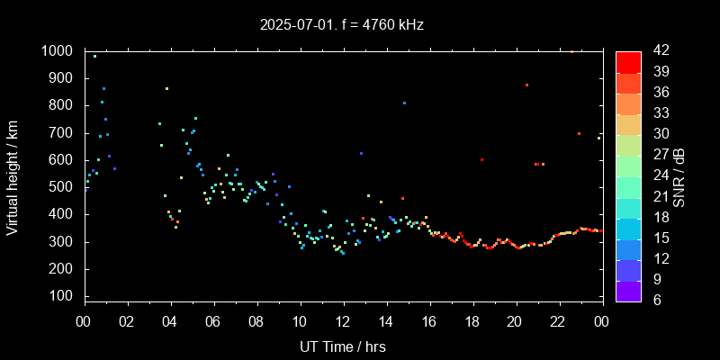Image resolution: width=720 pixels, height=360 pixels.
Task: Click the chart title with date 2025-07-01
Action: pos(341,24)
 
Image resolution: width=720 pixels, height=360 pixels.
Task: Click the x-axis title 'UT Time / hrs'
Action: pos(343,346)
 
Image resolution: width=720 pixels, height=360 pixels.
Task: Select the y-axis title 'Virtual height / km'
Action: pos(13,175)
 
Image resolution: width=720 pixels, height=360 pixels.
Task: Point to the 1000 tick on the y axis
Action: pos(59,51)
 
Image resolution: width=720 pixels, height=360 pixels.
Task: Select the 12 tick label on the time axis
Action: pos(343,321)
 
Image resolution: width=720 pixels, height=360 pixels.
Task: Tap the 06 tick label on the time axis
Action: pos(213,321)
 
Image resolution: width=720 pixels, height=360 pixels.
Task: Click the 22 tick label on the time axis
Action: pos(558,321)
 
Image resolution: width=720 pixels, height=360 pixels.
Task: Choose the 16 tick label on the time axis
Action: pos(428,321)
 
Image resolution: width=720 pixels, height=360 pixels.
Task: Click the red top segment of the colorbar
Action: pos(628,61)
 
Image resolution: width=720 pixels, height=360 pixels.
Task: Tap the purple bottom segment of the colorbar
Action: pos(628,290)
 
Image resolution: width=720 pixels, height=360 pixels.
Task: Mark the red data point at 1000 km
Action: pos(571,51)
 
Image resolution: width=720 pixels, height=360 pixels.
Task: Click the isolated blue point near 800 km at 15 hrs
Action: pos(404,103)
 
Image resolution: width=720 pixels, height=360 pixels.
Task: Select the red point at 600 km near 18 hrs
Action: pos(482,159)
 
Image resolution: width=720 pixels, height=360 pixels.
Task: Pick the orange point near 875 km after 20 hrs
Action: pos(526,85)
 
